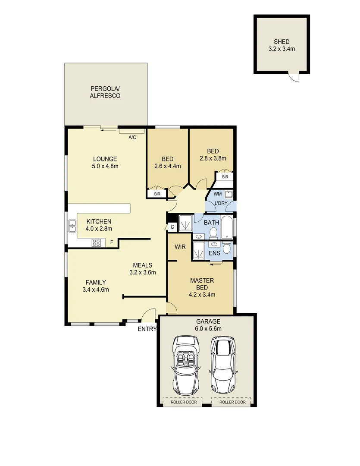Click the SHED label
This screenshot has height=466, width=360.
[281, 42]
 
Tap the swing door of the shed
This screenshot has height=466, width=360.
[294, 77]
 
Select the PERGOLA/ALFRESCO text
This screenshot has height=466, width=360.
[105, 92]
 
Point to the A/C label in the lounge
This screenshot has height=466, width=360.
[132, 138]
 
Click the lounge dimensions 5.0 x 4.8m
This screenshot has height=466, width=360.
[105, 166]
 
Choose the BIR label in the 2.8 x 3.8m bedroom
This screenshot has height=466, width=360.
[225, 177]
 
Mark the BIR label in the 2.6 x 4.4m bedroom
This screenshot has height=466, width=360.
[157, 194]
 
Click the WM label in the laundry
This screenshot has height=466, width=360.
[217, 194]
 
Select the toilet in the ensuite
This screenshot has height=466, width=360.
[226, 249]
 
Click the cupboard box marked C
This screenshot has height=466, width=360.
[172, 227]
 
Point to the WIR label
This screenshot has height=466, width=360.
[180, 247]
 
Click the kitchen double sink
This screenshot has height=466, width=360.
[72, 226]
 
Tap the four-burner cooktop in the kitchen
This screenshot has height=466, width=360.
[96, 242]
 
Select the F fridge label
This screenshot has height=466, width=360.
[112, 242]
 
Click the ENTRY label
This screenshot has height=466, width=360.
[147, 329]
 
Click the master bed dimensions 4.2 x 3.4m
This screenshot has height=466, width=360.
[202, 295]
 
